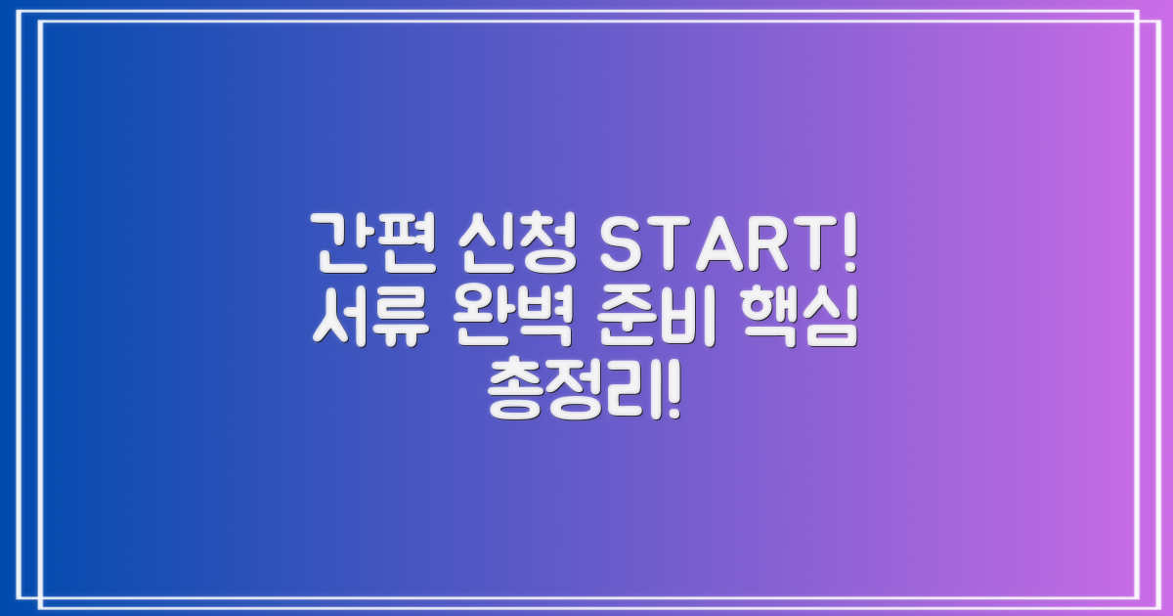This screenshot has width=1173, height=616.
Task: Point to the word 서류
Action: (368, 319)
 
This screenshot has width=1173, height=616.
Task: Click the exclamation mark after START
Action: (847, 248)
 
